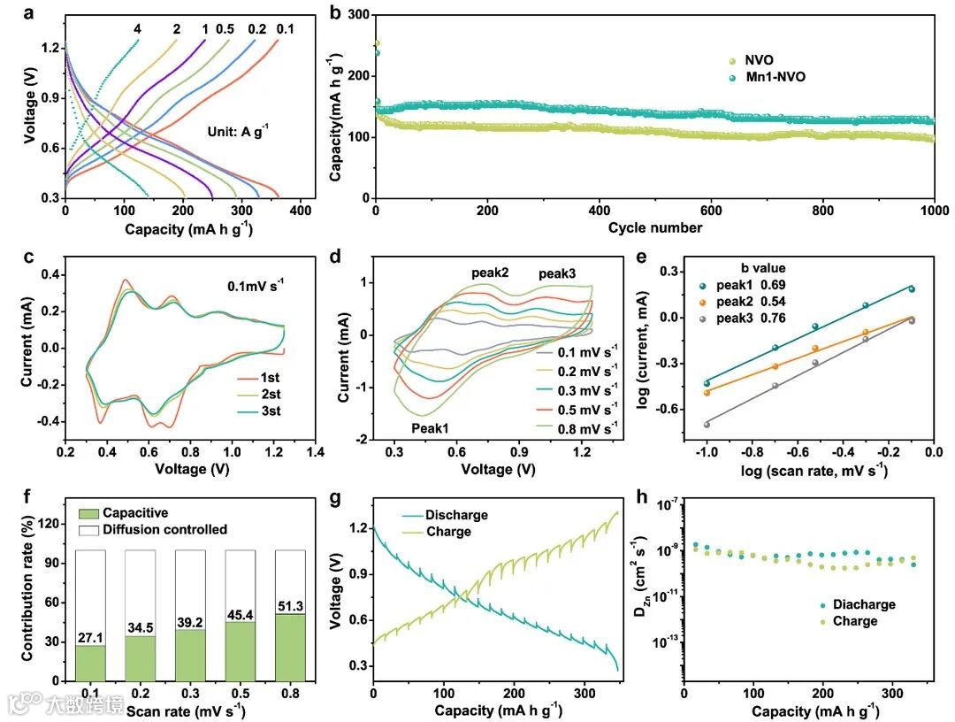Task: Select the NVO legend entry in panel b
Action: (759, 60)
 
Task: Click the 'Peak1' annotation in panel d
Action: (430, 427)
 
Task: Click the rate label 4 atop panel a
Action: (137, 29)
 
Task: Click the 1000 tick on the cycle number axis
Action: (934, 211)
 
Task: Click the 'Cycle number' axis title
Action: (654, 228)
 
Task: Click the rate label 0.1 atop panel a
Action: (285, 29)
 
